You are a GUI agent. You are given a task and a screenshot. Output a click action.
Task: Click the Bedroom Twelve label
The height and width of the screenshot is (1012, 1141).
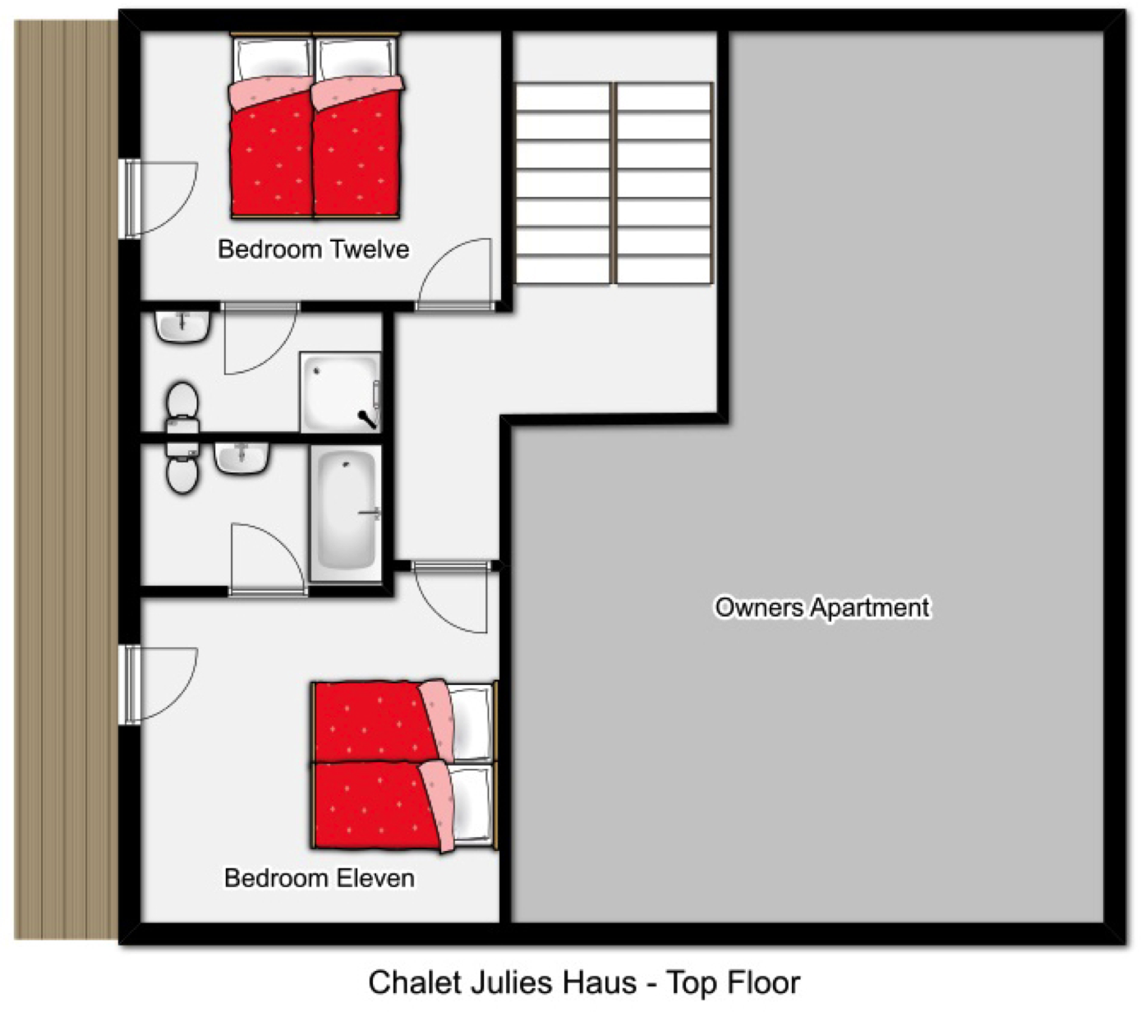[313, 250]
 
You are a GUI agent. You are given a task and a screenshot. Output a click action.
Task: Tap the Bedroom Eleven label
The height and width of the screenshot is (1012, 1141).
[320, 878]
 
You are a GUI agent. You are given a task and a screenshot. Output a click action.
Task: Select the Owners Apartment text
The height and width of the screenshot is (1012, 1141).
[822, 608]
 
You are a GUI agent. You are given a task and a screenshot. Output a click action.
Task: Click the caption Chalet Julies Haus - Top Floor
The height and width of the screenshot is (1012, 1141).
[584, 982]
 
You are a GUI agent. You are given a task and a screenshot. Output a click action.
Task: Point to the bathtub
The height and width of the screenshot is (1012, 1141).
[346, 513]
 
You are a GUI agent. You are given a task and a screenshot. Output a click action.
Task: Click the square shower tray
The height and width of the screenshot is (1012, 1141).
[340, 392]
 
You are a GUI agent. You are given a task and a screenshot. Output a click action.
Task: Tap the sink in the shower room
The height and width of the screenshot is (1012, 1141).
[183, 326]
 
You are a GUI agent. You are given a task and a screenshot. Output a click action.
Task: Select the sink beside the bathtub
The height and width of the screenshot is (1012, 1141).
[242, 458]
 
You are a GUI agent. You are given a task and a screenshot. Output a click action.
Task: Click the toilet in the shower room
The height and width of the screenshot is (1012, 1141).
[182, 407]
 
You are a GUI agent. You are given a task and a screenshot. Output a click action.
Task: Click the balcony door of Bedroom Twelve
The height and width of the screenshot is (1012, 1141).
[160, 198]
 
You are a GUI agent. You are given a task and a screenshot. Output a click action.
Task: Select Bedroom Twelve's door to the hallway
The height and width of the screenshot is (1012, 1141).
[455, 274]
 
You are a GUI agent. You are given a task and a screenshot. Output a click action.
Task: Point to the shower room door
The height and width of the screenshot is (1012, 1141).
[260, 338]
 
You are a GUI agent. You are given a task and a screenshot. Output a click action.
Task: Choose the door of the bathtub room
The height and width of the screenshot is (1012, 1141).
[268, 559]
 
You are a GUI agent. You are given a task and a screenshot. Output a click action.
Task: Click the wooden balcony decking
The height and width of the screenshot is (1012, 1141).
[66, 479]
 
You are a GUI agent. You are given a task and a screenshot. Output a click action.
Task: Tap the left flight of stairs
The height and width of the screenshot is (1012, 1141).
[563, 184]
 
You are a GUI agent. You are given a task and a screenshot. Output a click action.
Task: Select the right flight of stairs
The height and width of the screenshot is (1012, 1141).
[664, 184]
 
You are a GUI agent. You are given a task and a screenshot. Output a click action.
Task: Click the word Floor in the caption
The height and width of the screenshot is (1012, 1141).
[764, 982]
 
